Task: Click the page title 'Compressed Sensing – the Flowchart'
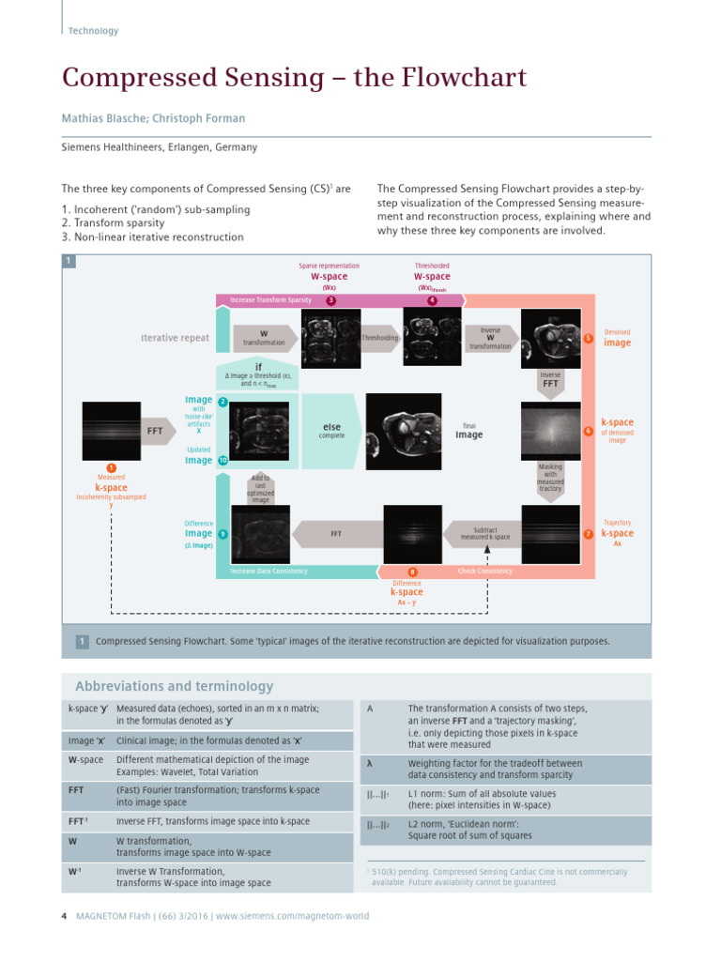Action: coord(294,78)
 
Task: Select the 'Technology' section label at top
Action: coord(93,31)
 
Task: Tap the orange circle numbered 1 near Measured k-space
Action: coord(111,468)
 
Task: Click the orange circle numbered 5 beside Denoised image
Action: coord(588,338)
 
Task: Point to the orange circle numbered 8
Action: coord(412,572)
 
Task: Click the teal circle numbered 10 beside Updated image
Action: coord(222,461)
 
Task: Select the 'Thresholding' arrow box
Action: coord(380,337)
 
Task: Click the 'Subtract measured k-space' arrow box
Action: coord(484,533)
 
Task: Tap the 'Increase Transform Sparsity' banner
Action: coord(270,300)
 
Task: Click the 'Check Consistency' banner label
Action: coord(484,571)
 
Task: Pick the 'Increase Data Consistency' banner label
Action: coord(270,571)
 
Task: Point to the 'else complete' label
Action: coord(331,431)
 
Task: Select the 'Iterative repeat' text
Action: coord(175,338)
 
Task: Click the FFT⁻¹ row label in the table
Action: coord(79,821)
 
